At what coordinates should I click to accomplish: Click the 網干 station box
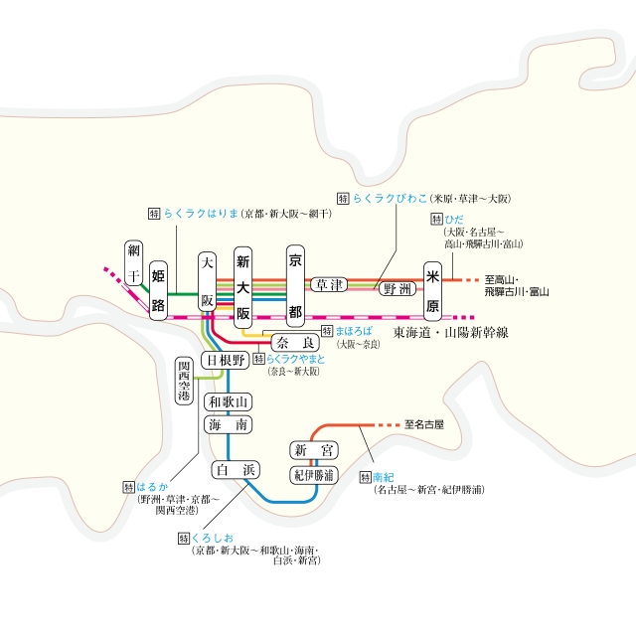134,263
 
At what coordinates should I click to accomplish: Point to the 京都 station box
294,286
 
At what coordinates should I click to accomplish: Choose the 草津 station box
328,284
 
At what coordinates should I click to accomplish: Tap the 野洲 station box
395,288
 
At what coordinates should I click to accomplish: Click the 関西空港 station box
184,382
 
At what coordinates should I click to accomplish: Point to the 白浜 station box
237,469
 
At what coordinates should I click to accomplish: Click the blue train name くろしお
208,538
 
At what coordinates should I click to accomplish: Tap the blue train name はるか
152,487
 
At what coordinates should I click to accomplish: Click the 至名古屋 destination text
424,424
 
